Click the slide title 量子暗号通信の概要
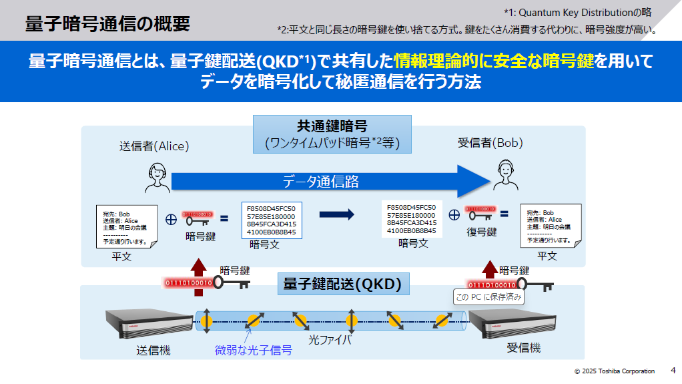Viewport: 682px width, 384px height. point(107,24)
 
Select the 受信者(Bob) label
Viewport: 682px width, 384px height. point(490,143)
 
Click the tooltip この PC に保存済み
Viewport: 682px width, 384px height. point(488,297)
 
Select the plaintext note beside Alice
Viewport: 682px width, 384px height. point(126,225)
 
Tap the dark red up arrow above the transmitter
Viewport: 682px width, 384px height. point(198,267)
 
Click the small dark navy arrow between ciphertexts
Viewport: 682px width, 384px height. point(336,214)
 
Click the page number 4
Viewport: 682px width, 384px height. point(673,371)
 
